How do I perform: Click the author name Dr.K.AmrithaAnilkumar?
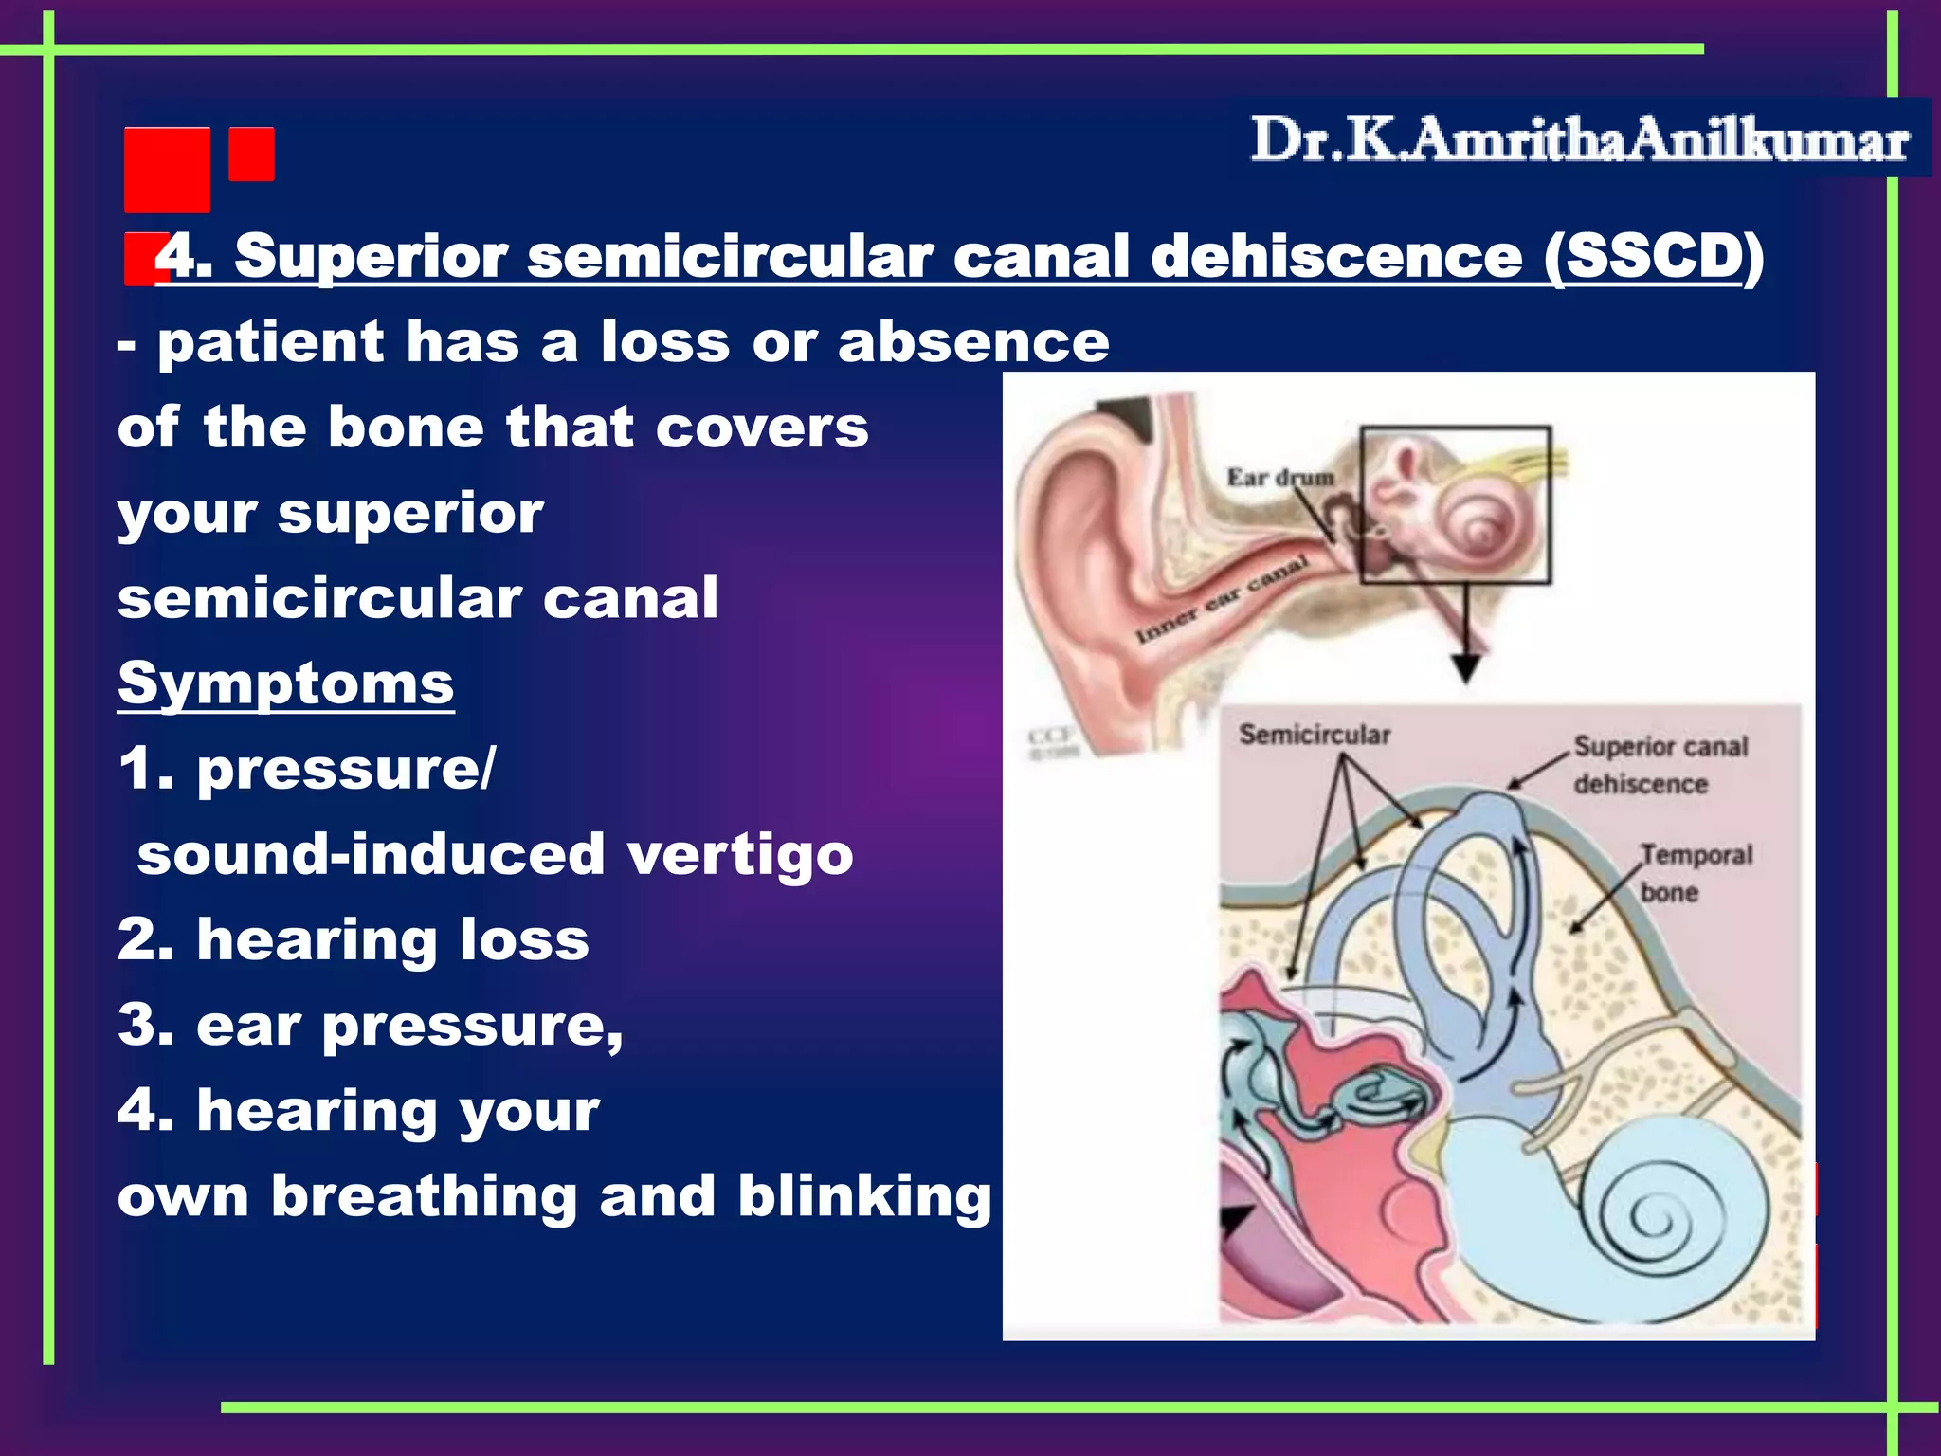click(1579, 139)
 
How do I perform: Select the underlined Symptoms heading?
click(285, 683)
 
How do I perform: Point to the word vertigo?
click(740, 854)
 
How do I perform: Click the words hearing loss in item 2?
click(392, 939)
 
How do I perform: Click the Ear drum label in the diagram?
click(1279, 477)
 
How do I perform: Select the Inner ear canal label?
click(1222, 599)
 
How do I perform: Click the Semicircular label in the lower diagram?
click(1315, 735)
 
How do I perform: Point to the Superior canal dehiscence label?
click(1660, 765)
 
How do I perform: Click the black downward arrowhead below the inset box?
click(1466, 668)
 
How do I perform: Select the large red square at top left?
click(167, 170)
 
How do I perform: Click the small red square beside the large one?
click(251, 154)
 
